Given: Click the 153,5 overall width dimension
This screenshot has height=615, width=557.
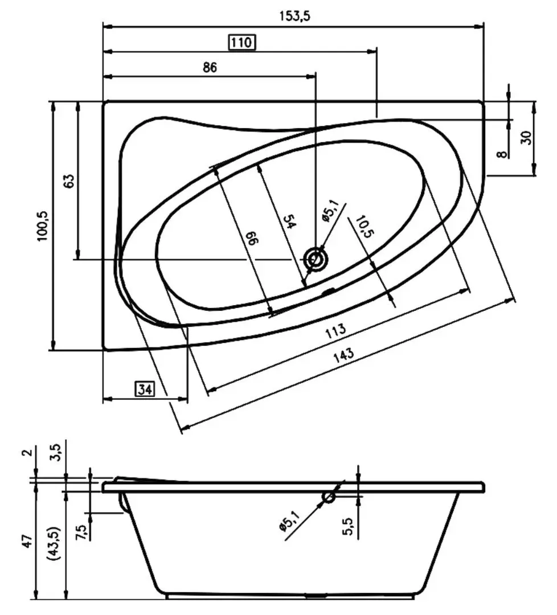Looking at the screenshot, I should point(294,16).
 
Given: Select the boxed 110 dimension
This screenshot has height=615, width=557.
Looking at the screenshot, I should point(241,42).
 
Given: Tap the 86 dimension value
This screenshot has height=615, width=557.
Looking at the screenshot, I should point(210,67).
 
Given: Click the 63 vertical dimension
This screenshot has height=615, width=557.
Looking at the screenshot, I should point(69,181).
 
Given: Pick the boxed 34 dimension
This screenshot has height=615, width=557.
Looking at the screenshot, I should point(145,389).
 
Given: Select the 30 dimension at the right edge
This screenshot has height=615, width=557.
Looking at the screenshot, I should point(526,137).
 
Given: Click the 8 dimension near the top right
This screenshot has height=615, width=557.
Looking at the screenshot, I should point(502,154).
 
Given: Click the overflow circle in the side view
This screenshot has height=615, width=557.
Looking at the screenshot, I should point(329,497).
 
